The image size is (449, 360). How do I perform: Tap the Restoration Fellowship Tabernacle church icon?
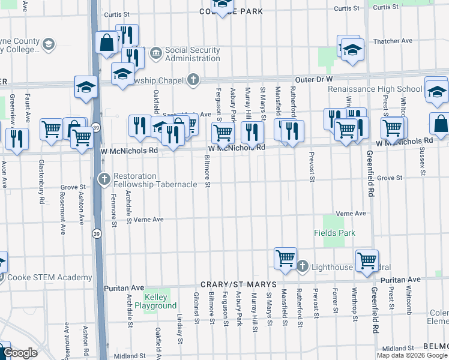click(104, 179)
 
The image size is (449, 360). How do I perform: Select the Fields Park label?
click(334, 233)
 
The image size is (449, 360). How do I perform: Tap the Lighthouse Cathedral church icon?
click(303, 266)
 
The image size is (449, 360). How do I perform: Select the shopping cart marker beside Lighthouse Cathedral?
click(285, 259)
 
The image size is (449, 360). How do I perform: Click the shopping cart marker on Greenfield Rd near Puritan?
click(366, 260)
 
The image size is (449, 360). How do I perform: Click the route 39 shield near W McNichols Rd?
click(95, 127)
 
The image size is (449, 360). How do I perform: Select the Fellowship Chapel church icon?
click(193, 79)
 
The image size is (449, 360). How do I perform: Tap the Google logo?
click(20, 353)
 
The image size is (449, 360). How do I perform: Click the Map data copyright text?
click(412, 355)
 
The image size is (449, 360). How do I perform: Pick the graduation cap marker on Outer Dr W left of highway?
click(86, 87)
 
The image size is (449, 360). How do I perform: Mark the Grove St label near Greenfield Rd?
click(389, 178)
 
